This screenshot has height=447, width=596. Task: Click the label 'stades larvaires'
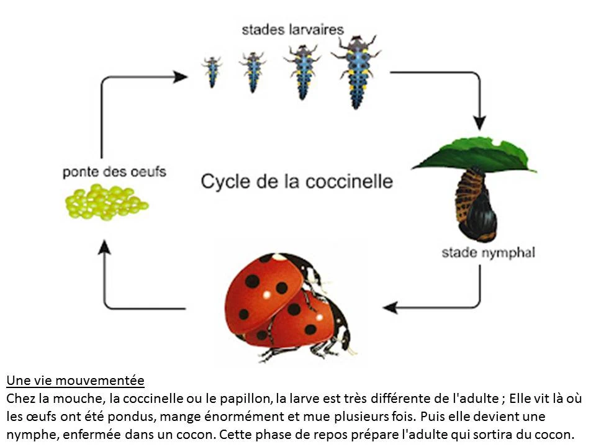tap(292, 30)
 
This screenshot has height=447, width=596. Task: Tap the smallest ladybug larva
tap(212, 71)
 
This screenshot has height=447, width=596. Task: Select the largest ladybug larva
tap(356, 72)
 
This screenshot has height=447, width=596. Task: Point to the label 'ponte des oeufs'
tap(114, 172)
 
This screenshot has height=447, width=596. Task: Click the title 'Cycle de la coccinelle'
tap(297, 181)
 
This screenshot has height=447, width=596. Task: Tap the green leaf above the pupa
tap(474, 156)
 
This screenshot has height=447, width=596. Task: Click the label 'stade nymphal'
tap(489, 253)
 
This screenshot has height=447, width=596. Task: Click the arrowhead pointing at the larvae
tap(180, 77)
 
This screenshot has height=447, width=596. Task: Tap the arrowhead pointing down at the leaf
tap(480, 123)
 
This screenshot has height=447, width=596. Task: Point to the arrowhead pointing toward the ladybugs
tap(390, 307)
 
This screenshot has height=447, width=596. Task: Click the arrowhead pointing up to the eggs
tap(104, 247)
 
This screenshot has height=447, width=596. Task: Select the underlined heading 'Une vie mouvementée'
tap(76, 381)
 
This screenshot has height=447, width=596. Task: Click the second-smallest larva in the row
tap(253, 72)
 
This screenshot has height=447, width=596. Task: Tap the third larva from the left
tap(302, 72)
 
